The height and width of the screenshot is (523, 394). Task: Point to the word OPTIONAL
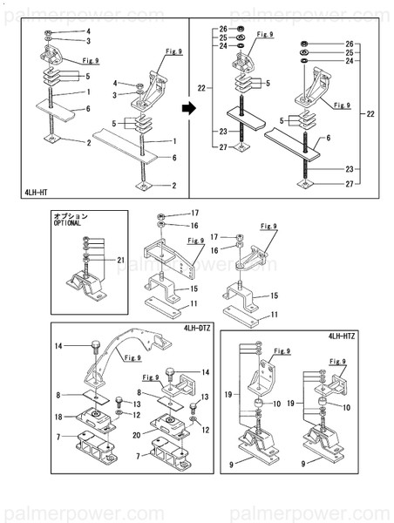point(68,223)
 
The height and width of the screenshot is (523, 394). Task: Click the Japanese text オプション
point(70,214)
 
